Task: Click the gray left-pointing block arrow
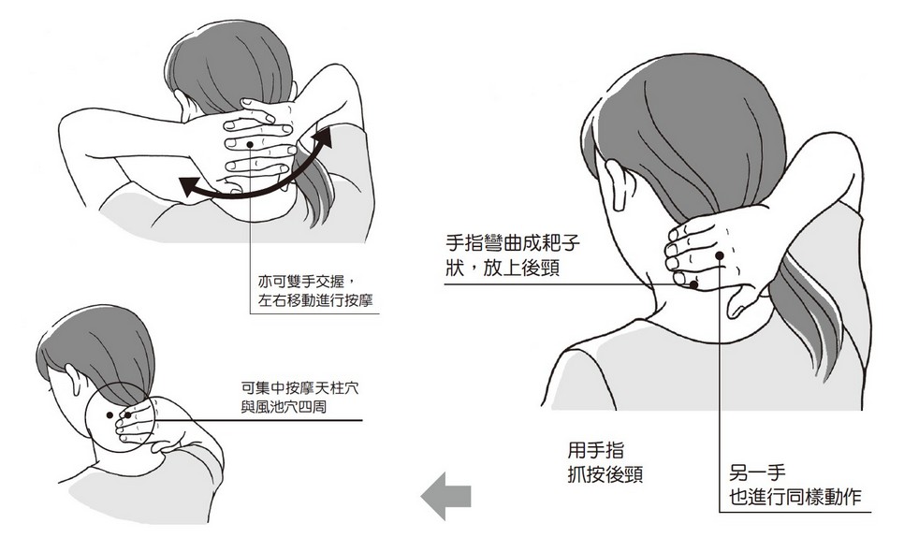click(x=445, y=496)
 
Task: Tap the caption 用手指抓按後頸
click(x=605, y=462)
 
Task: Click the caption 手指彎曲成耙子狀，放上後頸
click(x=513, y=255)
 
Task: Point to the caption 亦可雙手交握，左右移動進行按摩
click(x=314, y=290)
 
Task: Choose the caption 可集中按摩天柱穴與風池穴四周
click(x=299, y=397)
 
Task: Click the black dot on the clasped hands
click(x=249, y=143)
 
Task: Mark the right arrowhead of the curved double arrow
click(x=323, y=138)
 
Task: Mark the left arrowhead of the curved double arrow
click(x=188, y=187)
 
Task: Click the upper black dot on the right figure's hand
click(x=720, y=255)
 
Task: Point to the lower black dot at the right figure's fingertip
click(x=694, y=284)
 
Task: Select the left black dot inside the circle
click(x=109, y=414)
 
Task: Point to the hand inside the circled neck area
click(x=139, y=424)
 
